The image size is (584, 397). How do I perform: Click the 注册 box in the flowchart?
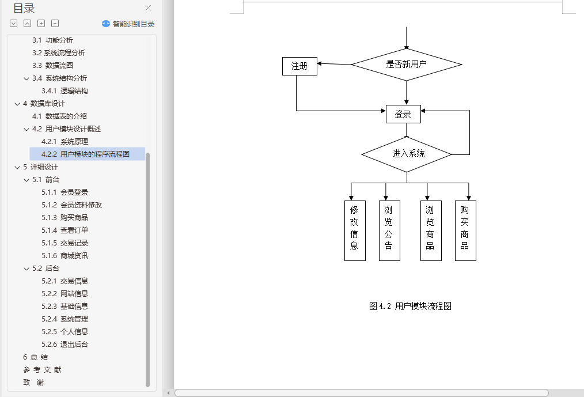[x=299, y=66]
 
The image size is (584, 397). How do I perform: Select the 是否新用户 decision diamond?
[x=406, y=64]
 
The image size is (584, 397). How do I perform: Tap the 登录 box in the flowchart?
[x=403, y=114]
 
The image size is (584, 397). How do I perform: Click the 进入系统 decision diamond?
[x=407, y=154]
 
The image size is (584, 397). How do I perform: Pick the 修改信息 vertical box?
[x=355, y=230]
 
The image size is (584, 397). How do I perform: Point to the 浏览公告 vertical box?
[x=389, y=230]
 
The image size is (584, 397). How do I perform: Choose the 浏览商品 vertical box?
[x=431, y=230]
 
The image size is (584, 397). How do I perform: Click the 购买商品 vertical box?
[x=465, y=230]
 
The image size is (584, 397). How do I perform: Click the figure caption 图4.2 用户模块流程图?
[x=410, y=306]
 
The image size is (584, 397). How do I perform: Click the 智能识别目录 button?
[x=128, y=24]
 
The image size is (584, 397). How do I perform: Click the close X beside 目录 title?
[x=148, y=8]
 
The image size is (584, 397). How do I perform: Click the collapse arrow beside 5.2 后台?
[x=26, y=268]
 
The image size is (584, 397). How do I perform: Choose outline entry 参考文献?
[x=42, y=369]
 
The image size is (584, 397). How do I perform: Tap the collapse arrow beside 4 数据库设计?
[x=17, y=104]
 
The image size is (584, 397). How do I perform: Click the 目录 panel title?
[x=24, y=8]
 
